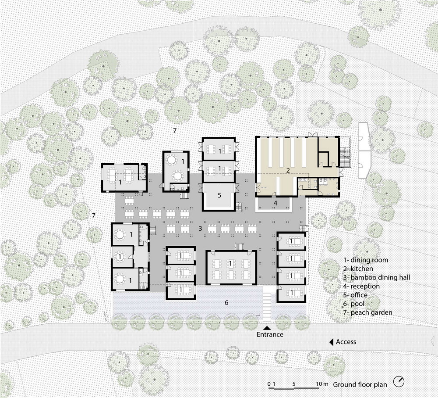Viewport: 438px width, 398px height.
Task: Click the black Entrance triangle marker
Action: [x=267, y=328]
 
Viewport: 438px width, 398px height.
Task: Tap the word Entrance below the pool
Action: [x=270, y=334]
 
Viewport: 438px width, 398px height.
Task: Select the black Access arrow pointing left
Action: [x=332, y=342]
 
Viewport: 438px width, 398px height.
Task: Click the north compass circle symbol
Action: [x=399, y=382]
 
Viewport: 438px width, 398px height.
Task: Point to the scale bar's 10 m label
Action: [x=322, y=384]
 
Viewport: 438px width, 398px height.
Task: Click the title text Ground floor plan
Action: [x=360, y=384]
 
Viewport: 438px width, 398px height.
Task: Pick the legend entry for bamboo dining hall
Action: [x=377, y=277]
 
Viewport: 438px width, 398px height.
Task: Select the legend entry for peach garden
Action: [x=367, y=312]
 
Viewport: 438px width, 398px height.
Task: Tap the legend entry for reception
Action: [x=361, y=286]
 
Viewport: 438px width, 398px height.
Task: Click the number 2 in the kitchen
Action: [x=288, y=170]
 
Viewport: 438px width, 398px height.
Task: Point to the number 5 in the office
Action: [x=219, y=195]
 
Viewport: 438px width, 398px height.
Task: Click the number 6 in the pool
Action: [x=226, y=302]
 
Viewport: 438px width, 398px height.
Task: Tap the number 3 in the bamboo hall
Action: [x=200, y=228]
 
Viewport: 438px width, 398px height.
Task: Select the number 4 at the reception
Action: [x=276, y=203]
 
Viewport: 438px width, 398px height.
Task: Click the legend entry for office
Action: [x=355, y=295]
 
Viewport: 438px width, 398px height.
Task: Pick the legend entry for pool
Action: [x=354, y=304]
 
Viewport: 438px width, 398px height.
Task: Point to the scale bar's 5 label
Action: [x=294, y=384]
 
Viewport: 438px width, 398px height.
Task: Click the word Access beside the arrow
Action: [x=346, y=342]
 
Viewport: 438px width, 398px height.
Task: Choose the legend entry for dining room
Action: [x=366, y=260]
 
